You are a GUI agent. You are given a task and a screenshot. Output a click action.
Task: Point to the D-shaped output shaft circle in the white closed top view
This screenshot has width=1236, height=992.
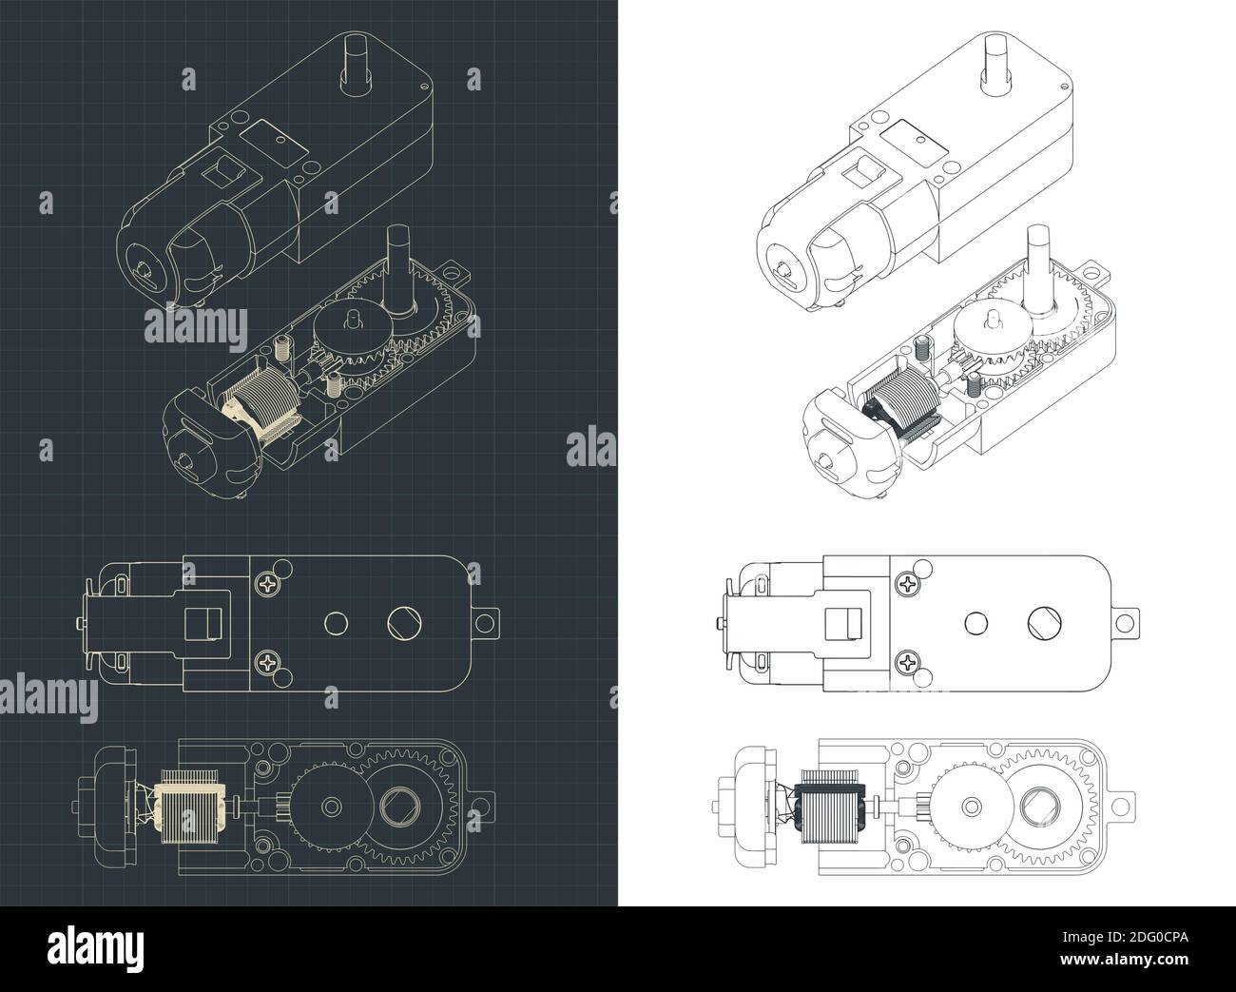tap(1041, 623)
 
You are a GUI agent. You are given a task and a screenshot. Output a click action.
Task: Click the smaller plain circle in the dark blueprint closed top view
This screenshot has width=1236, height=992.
tap(334, 623)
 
